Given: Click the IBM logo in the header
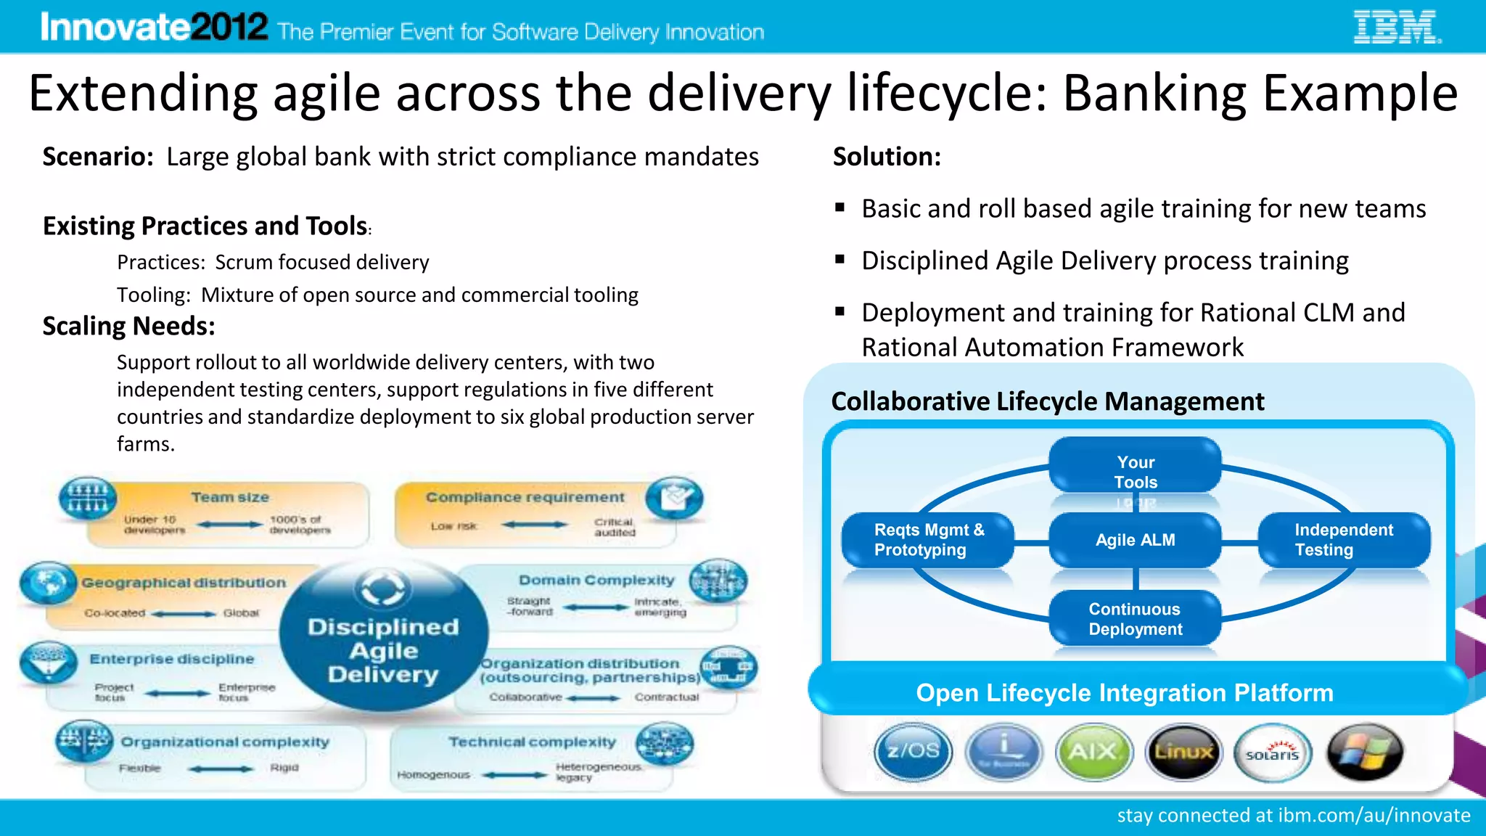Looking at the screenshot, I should [1397, 27].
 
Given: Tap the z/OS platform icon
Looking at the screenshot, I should [913, 751].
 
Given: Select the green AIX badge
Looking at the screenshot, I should [1093, 752].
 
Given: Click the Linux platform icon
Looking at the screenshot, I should [1183, 752].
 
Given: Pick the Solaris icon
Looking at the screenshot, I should [1273, 753].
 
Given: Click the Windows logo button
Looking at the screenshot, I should [1364, 752].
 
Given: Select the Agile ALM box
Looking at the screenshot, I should [1135, 540].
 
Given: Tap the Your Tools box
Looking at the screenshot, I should [1135, 472].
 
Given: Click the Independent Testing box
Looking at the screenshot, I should [1343, 540].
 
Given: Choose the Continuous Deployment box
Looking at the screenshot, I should [1135, 619].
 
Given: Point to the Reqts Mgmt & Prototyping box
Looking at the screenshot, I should [928, 540].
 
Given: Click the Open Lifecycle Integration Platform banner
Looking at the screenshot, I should [1124, 692].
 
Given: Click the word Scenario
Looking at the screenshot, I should [97, 157].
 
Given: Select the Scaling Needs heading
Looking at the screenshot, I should [128, 327].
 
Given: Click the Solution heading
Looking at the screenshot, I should [886, 157].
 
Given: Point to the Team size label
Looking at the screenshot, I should [230, 497].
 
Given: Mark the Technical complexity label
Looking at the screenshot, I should [532, 742].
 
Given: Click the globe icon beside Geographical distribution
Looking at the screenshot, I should [48, 583].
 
